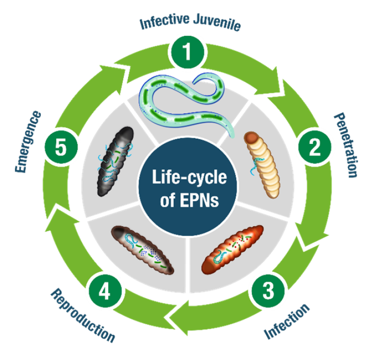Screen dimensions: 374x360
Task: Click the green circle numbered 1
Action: coord(187,52)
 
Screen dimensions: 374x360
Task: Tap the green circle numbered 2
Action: coord(315,147)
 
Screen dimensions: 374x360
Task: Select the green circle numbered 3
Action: coord(268,291)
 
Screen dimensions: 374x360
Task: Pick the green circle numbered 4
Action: coord(105,291)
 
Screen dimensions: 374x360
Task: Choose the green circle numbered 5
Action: coord(61,147)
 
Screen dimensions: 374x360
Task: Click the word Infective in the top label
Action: coord(165,21)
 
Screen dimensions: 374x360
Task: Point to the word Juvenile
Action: coord(217,22)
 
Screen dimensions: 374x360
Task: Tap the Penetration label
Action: coord(346,145)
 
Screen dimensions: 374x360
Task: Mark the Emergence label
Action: coord(28,142)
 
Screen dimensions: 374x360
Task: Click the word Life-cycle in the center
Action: coord(189,177)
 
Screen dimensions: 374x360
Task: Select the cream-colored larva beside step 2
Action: coord(262,164)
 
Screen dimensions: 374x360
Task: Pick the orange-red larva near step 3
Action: coord(233,250)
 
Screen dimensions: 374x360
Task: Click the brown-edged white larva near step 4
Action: coord(143,250)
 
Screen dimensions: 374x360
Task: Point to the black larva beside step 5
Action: coord(115,162)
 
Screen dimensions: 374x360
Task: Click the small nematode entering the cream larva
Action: coord(257,165)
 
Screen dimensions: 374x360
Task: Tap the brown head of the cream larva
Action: coord(251,137)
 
